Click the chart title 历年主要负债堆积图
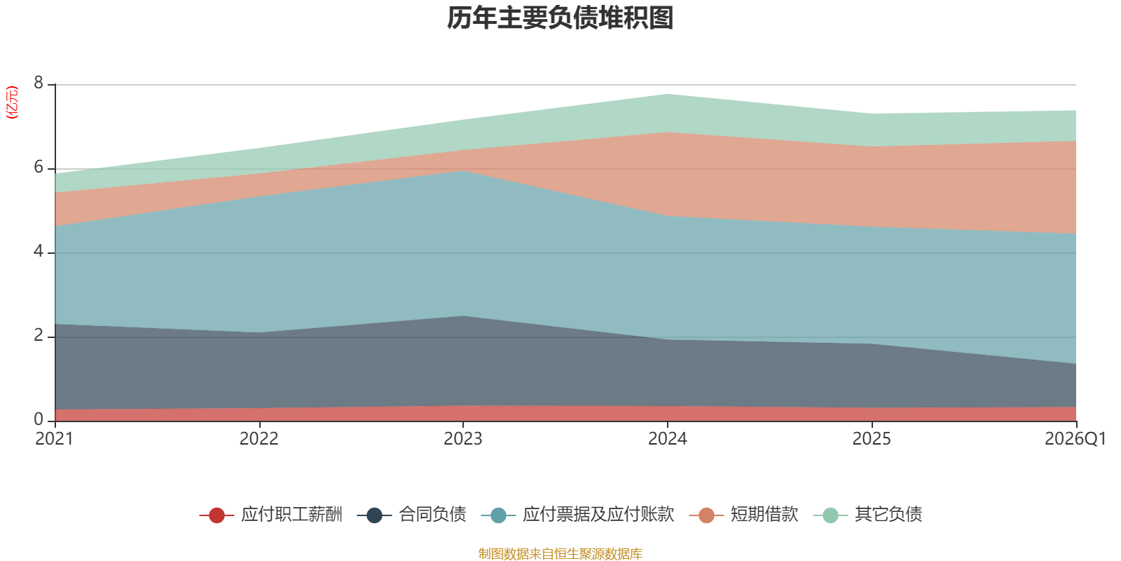560,18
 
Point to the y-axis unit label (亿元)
11,102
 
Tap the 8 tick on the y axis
39,83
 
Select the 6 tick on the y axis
39,167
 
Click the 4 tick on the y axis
39,251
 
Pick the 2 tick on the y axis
39,335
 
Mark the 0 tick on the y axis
39,419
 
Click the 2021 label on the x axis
54,439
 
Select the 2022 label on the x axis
259,439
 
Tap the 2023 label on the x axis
463,439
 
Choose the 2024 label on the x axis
668,439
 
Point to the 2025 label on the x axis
872,439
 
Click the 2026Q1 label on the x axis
1075,439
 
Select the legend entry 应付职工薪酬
270,515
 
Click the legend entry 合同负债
411,515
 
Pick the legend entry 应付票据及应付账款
577,515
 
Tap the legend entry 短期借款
743,515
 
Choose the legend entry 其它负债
867,515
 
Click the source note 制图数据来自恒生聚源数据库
560,553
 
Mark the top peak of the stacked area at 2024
668,94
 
